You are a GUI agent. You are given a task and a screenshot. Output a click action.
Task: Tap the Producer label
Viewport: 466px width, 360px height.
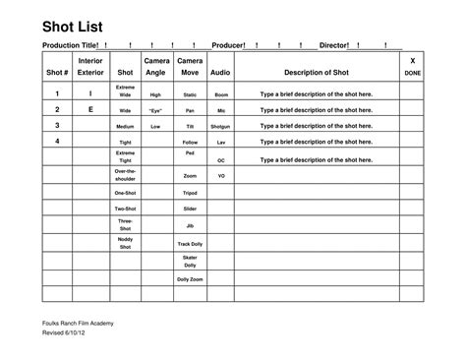(x=228, y=46)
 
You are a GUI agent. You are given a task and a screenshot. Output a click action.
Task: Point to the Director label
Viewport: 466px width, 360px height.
(x=334, y=46)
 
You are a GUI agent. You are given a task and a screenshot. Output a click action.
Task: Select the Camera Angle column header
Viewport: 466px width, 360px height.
(x=155, y=67)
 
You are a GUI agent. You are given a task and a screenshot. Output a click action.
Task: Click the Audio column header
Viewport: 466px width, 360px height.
(x=220, y=73)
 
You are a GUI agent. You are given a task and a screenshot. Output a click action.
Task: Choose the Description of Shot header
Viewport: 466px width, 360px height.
(x=316, y=73)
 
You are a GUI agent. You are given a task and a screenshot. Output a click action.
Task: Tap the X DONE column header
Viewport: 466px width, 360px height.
(x=412, y=67)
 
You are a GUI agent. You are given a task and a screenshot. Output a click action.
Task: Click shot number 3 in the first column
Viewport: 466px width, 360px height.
(x=58, y=126)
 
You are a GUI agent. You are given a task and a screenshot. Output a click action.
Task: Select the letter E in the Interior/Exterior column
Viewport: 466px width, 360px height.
(x=90, y=110)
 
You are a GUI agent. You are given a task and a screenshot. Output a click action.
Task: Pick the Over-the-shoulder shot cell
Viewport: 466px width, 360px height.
(x=125, y=175)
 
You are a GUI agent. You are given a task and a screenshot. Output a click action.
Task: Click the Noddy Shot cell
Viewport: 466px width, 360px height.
(x=125, y=243)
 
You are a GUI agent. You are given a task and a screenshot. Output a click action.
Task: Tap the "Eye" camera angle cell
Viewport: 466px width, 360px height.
(x=155, y=111)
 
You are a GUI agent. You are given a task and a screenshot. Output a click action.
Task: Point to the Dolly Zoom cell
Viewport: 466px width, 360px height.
(x=190, y=280)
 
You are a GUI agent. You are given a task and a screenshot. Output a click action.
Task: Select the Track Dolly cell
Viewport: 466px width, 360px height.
(x=190, y=243)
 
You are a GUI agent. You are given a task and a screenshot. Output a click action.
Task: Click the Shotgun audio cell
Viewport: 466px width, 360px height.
(x=221, y=127)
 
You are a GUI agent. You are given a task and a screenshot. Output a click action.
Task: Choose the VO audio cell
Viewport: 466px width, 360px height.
(x=221, y=175)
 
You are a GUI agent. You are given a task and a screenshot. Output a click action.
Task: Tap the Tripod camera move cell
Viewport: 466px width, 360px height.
(x=190, y=193)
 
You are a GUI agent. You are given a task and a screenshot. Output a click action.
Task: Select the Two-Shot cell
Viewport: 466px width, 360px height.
(x=125, y=209)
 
